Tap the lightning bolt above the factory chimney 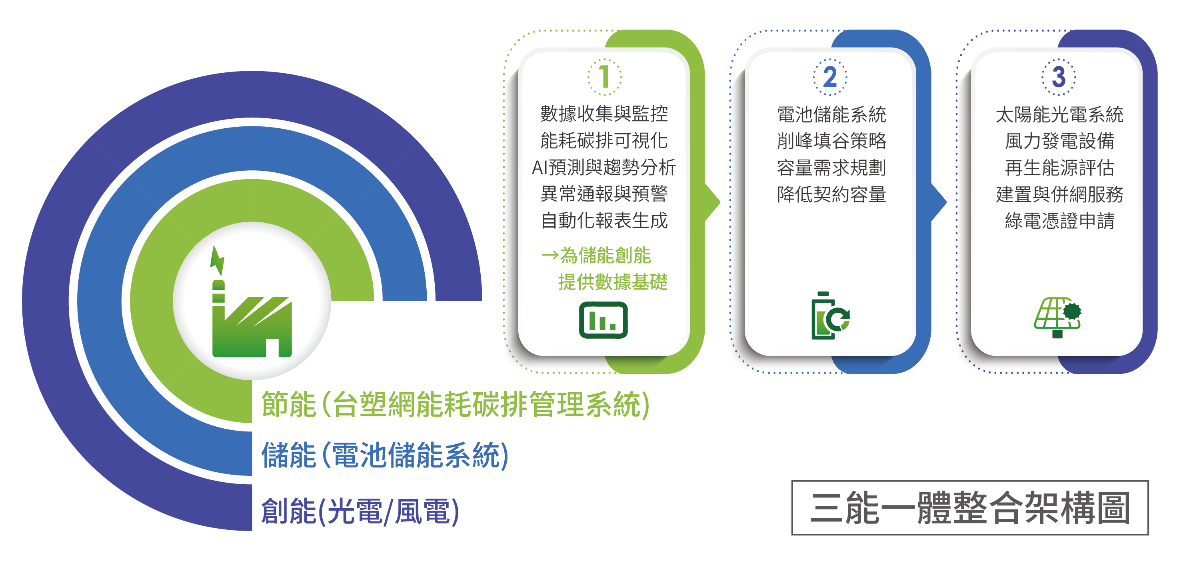pos(217,260)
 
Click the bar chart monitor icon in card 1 pos(603,320)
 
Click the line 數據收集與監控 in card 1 pos(604,114)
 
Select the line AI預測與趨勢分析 pos(604,167)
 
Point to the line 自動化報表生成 pos(604,220)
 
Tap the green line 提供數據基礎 pos(613,282)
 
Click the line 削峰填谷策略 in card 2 pos(831,141)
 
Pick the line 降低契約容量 pos(831,194)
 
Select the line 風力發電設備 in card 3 pos(1059,141)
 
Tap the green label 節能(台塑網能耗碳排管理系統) pos(455,404)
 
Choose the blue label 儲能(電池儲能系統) pos(385,455)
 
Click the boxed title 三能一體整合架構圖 pos(970,507)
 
